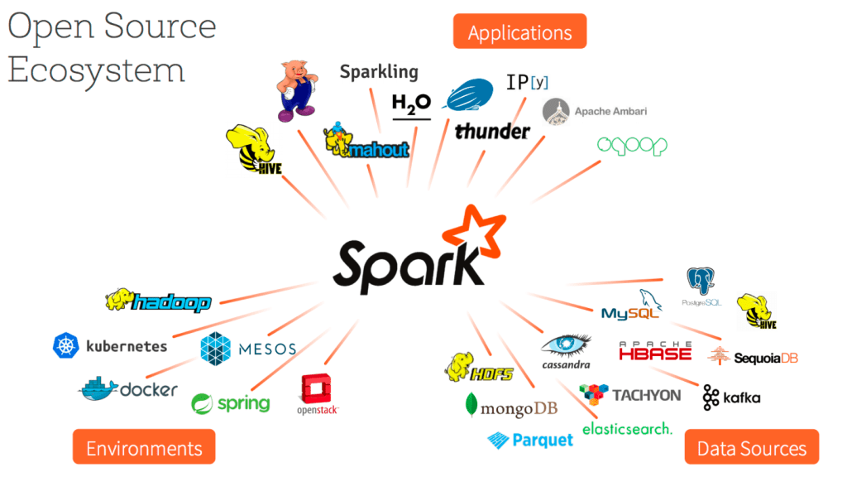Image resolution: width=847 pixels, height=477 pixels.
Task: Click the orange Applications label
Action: click(x=519, y=32)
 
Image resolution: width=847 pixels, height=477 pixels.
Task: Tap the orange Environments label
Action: click(x=144, y=448)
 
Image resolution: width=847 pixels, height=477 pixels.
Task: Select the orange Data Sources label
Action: click(x=751, y=449)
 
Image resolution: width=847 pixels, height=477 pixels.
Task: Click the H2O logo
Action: click(x=411, y=105)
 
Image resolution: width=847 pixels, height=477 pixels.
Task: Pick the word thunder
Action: click(x=492, y=131)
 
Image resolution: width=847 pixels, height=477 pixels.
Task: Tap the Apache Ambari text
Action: click(x=610, y=111)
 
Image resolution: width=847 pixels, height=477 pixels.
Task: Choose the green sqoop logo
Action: click(x=632, y=146)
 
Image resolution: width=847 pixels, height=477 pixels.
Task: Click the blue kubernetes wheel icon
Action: click(x=65, y=346)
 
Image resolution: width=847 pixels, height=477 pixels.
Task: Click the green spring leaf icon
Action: click(x=203, y=404)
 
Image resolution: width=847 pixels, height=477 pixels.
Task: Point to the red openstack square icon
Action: click(x=318, y=388)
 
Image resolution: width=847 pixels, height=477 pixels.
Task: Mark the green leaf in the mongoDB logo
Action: click(x=471, y=404)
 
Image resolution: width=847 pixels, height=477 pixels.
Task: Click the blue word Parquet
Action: click(x=542, y=440)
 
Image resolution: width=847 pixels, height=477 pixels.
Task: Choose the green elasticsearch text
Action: click(x=627, y=428)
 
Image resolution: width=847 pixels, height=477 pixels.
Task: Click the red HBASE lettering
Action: click(x=654, y=354)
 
